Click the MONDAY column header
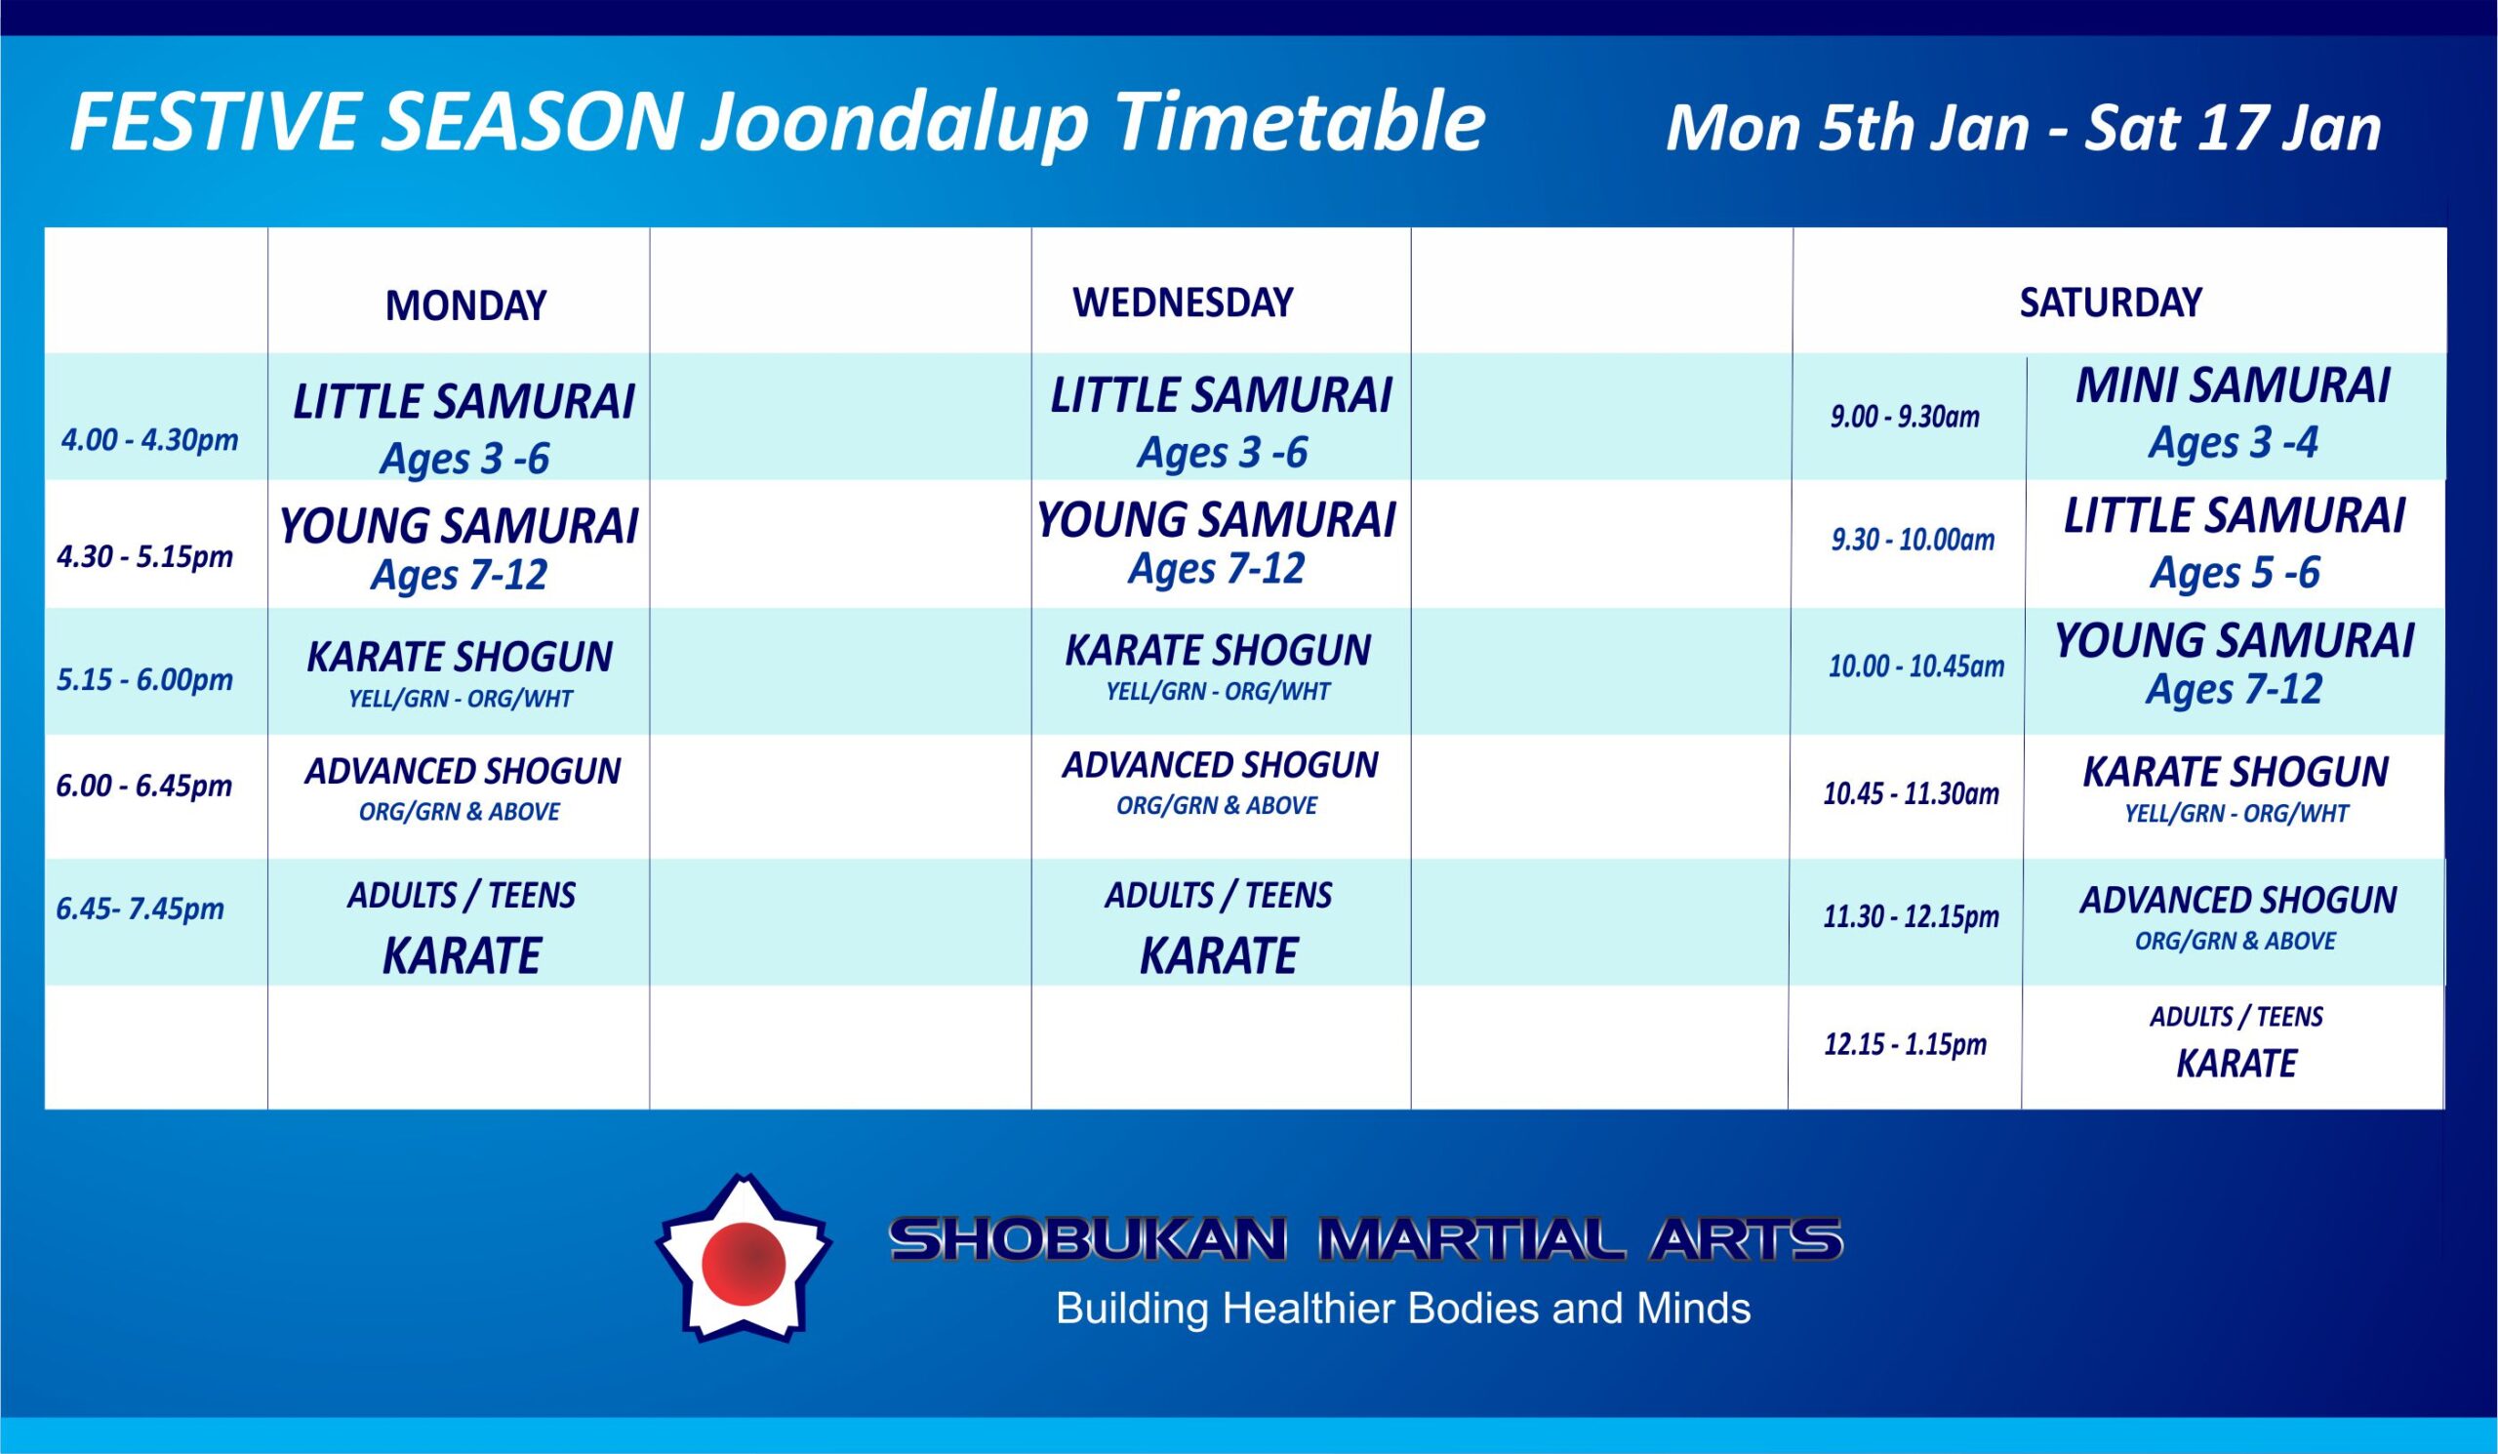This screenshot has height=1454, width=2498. pyautogui.click(x=465, y=305)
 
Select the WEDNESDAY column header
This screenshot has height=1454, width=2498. pyautogui.click(x=1183, y=302)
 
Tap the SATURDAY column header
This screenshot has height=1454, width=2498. pyautogui.click(x=2111, y=302)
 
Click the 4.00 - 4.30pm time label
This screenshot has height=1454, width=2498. pyautogui.click(x=149, y=440)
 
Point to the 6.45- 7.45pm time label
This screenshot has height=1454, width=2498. pyautogui.click(x=140, y=909)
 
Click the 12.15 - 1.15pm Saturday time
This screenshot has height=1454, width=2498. pyautogui.click(x=1906, y=1044)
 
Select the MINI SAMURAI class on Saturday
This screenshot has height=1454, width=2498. pyautogui.click(x=2233, y=386)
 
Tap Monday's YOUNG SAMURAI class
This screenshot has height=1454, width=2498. pyautogui.click(x=458, y=526)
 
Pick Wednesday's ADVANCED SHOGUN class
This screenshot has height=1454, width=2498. pyautogui.click(x=1220, y=765)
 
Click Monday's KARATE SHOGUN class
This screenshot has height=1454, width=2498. pyautogui.click(x=459, y=657)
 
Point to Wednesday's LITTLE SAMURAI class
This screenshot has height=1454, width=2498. pyautogui.click(x=1221, y=395)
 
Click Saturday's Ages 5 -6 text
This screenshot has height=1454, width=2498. pyautogui.click(x=2235, y=573)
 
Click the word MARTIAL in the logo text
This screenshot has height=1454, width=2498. pyautogui.click(x=1471, y=1240)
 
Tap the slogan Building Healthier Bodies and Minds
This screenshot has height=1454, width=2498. pyautogui.click(x=1402, y=1309)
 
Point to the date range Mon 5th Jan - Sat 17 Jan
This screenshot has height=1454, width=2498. pyautogui.click(x=2023, y=129)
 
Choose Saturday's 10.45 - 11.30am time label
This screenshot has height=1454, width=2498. pyautogui.click(x=1912, y=794)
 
